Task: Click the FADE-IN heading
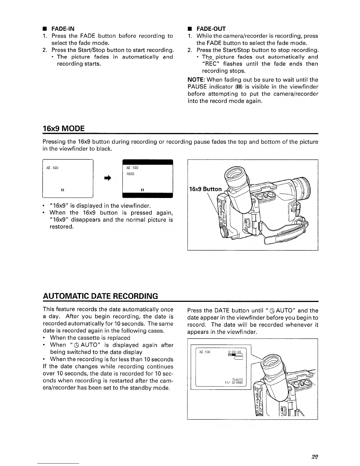point(62,29)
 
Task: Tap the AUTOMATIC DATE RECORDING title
point(100,296)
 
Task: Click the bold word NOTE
point(196,80)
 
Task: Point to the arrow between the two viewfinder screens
point(107,178)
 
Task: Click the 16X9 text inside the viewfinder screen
point(130,174)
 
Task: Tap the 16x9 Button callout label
point(205,189)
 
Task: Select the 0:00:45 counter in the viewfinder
point(235,352)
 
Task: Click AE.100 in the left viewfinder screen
point(52,168)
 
